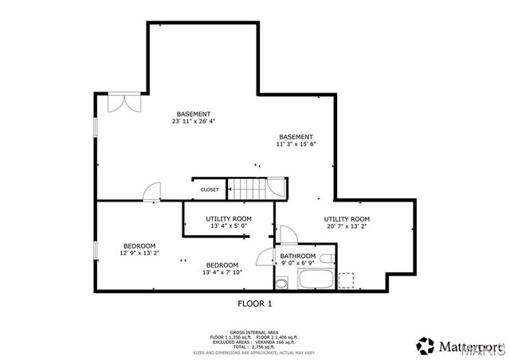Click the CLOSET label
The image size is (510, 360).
point(210,190)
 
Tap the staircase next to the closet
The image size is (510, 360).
point(247,190)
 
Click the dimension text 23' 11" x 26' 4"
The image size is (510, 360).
point(194,122)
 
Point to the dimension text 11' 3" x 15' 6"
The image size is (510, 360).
point(296,145)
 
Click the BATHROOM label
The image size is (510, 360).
point(297,256)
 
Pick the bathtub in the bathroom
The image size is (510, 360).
point(316,280)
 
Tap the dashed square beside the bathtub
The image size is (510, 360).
point(345,280)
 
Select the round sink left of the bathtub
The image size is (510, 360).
point(280,284)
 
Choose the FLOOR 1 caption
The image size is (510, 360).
point(254,303)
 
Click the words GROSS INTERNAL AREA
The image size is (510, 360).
point(254,332)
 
